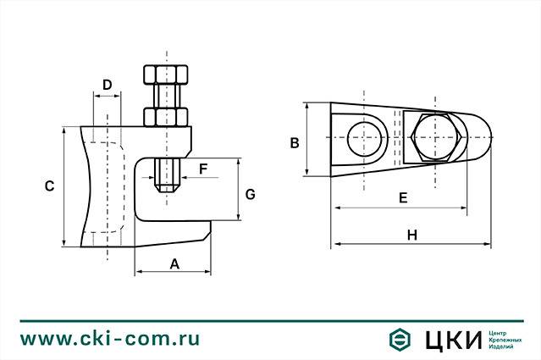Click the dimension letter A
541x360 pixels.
click(175, 263)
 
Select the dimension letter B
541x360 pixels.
click(295, 142)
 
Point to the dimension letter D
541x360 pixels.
click(107, 85)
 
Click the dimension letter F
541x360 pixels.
click(203, 169)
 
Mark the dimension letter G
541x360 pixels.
click(250, 194)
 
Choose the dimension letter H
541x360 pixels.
click(412, 234)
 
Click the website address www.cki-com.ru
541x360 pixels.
click(110, 339)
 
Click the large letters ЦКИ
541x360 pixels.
click(449, 340)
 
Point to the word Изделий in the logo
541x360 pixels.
click(502, 347)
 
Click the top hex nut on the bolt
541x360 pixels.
click(166, 73)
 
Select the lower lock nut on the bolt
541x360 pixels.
click(166, 114)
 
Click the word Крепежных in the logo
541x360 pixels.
click(505, 340)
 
